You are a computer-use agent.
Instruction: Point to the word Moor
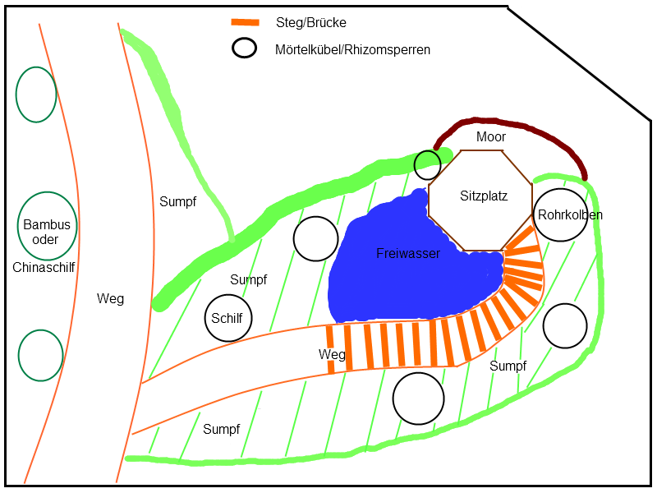pos(490,136)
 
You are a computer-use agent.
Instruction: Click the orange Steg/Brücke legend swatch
pos(245,23)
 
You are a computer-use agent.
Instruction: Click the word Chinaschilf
pos(44,267)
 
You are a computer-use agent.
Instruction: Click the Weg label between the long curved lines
pos(110,298)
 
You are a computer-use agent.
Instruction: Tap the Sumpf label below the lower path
pos(221,429)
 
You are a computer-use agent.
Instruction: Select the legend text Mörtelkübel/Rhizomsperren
pos(352,49)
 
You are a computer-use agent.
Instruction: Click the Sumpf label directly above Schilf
pos(249,279)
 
